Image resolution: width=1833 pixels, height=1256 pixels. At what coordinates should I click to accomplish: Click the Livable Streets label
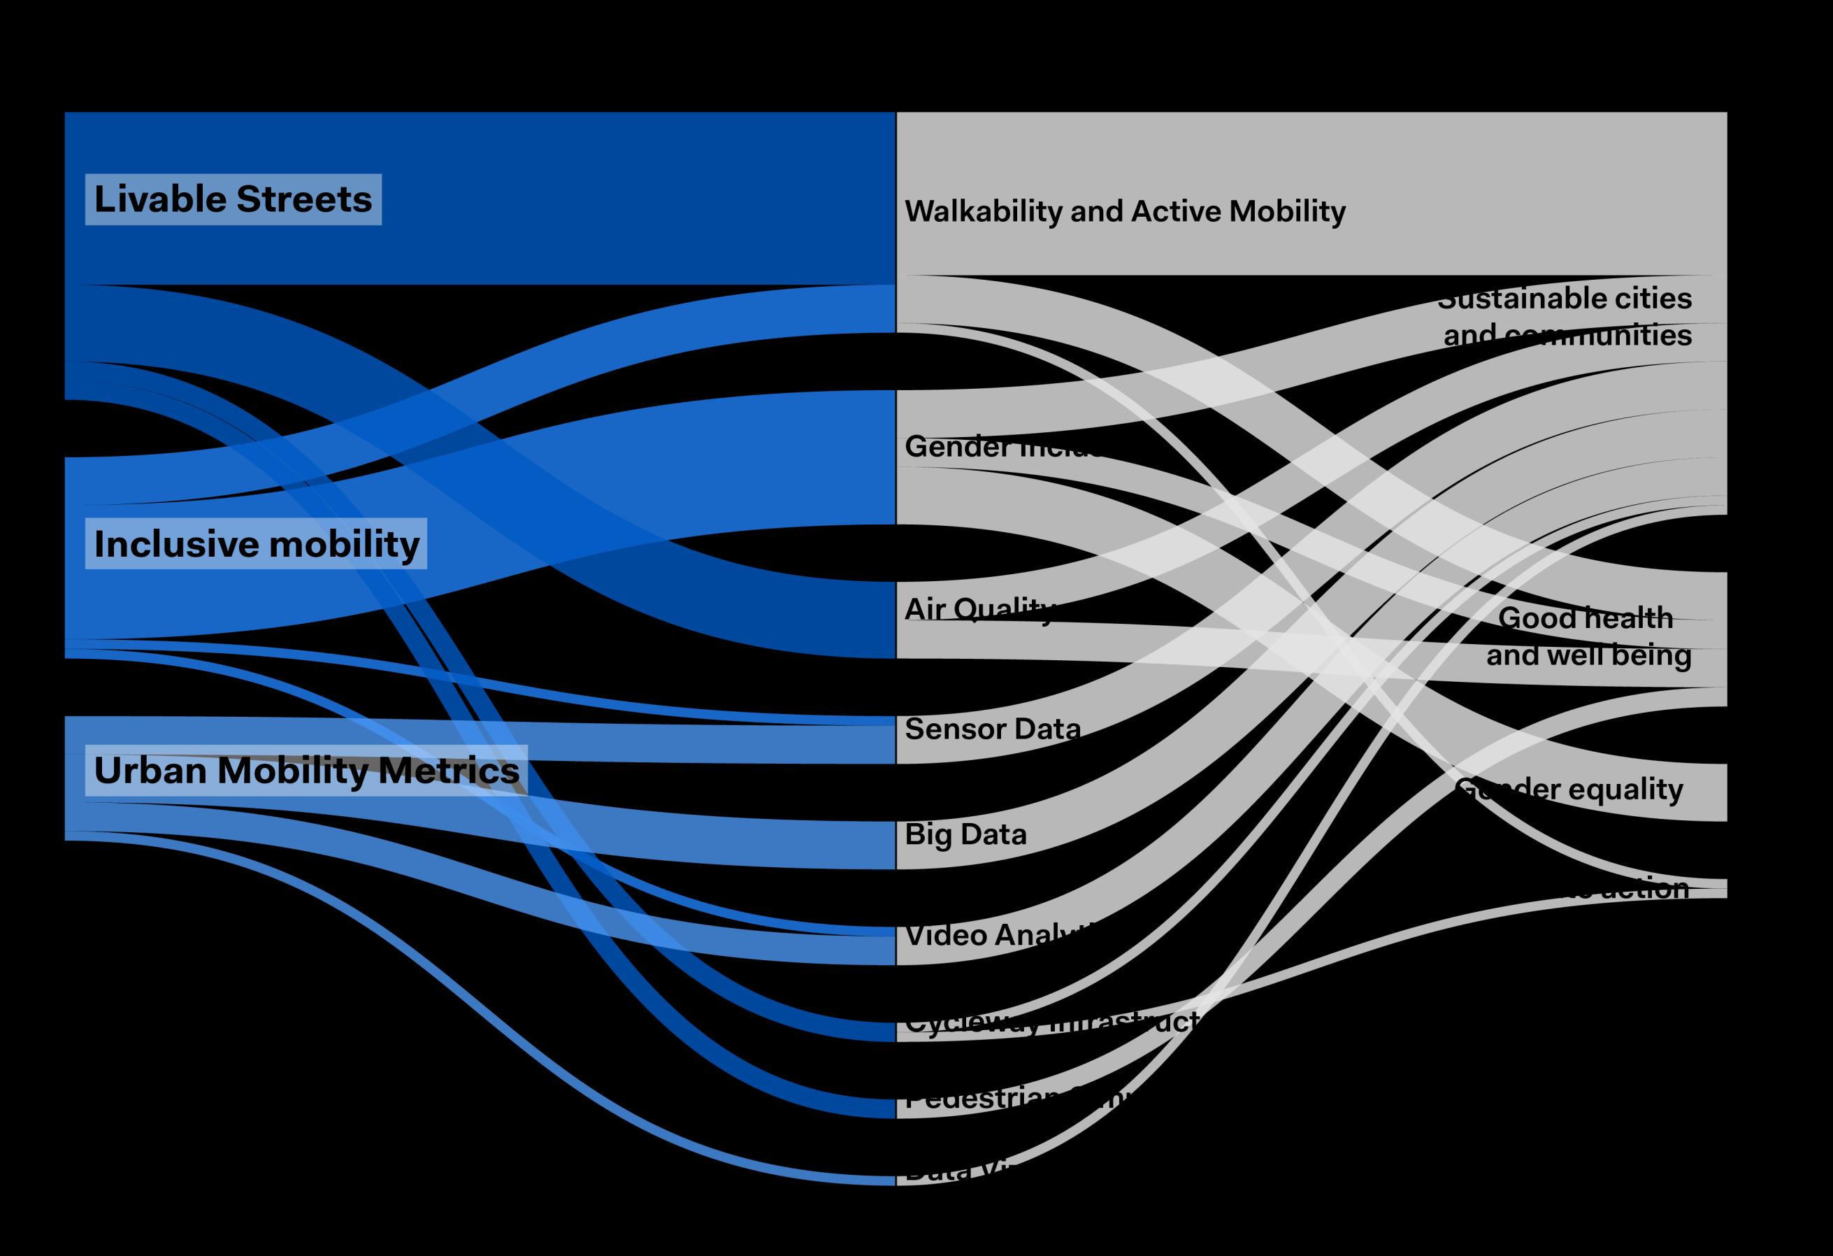(233, 199)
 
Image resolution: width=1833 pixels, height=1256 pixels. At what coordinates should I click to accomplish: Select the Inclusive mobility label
(257, 543)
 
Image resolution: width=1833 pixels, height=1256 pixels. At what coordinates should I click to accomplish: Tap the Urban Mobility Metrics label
(306, 770)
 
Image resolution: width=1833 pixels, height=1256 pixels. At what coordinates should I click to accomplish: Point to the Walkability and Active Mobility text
(1125, 211)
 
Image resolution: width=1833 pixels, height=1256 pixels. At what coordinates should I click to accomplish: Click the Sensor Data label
(992, 728)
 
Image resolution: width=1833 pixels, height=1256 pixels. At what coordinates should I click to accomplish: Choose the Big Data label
(965, 834)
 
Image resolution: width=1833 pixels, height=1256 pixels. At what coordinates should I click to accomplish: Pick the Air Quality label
(978, 608)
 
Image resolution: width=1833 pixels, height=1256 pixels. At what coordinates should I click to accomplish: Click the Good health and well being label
(1587, 636)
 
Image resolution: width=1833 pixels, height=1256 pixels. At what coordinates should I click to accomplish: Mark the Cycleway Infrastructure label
(1049, 1023)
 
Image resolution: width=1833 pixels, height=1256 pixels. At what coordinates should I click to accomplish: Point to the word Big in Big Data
(928, 834)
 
